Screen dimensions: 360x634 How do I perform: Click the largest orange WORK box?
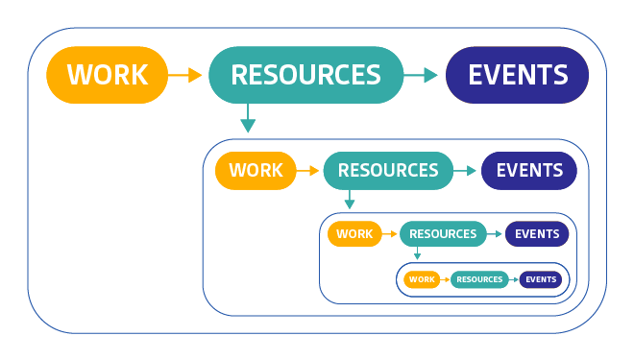107,75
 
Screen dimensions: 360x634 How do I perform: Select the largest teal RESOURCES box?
305,75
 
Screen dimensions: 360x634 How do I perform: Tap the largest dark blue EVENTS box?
517,75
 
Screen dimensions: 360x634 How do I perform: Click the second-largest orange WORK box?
256,171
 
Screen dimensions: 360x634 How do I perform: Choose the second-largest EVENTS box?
528,171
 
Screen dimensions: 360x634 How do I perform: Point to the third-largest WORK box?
354,234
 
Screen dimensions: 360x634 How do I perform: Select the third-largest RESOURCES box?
443,234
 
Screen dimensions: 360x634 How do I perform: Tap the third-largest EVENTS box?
537,234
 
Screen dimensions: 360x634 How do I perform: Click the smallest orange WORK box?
422,279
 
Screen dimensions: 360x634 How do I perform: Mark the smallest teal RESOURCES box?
479,279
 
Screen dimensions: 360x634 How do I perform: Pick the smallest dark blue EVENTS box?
541,279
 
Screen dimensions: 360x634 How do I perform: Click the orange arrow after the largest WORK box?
185,75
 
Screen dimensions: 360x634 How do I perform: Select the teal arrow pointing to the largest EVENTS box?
422,75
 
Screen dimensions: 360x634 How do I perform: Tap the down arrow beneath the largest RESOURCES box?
248,119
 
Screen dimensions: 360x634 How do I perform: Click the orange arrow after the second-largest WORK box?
308,171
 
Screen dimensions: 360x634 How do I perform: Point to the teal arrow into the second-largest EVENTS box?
465,171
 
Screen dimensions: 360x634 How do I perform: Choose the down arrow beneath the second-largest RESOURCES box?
350,200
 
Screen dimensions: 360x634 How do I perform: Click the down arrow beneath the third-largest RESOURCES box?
418,254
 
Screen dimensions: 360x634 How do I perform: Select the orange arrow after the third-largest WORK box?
389,234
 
